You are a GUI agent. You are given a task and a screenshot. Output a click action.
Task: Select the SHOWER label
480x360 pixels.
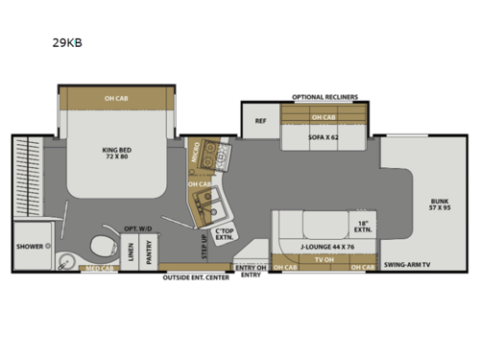tap(29, 247)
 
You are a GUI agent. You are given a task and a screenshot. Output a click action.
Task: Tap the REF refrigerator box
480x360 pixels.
tap(259, 121)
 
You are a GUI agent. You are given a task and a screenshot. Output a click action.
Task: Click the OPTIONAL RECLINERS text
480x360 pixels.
tap(324, 97)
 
